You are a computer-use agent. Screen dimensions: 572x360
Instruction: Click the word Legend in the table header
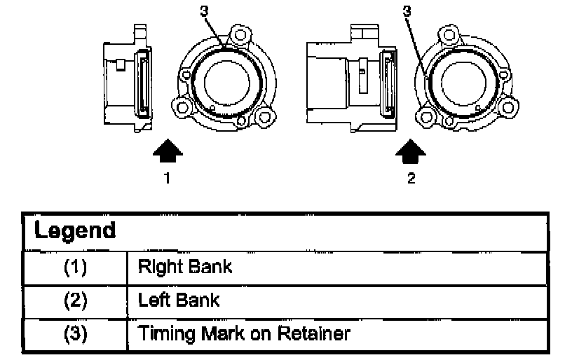tap(75, 231)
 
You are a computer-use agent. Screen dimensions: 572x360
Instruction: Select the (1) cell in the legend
tap(76, 268)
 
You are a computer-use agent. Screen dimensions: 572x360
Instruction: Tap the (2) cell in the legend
tap(76, 301)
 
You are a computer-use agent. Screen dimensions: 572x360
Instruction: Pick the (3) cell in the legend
tap(76, 334)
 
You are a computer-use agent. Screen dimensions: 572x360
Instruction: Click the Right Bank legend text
tap(185, 268)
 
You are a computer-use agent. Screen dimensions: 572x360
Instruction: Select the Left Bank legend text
tap(179, 300)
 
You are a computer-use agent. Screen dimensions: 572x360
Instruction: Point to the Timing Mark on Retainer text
tap(244, 334)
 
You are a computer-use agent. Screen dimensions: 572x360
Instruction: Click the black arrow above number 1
tap(168, 150)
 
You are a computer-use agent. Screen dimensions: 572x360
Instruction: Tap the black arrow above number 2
tap(411, 151)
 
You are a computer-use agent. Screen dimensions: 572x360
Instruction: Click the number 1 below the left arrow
tap(167, 178)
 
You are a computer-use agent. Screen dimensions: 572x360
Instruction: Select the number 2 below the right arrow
tap(411, 178)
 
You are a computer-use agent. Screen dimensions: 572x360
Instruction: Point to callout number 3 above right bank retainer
tap(204, 11)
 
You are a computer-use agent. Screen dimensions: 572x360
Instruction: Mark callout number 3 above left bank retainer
tap(407, 11)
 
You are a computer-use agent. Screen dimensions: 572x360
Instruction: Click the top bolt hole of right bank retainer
tap(240, 35)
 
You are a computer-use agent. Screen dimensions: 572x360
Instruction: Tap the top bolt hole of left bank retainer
tap(449, 35)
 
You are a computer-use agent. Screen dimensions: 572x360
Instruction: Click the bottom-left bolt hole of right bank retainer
tap(182, 107)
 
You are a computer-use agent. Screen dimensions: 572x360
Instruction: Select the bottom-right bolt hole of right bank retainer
tap(265, 117)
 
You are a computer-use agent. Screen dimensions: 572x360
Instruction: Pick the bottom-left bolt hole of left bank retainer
tap(425, 117)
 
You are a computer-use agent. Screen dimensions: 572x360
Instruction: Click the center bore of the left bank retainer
tap(463, 83)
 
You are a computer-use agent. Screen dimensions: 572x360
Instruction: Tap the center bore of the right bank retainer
tap(227, 83)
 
